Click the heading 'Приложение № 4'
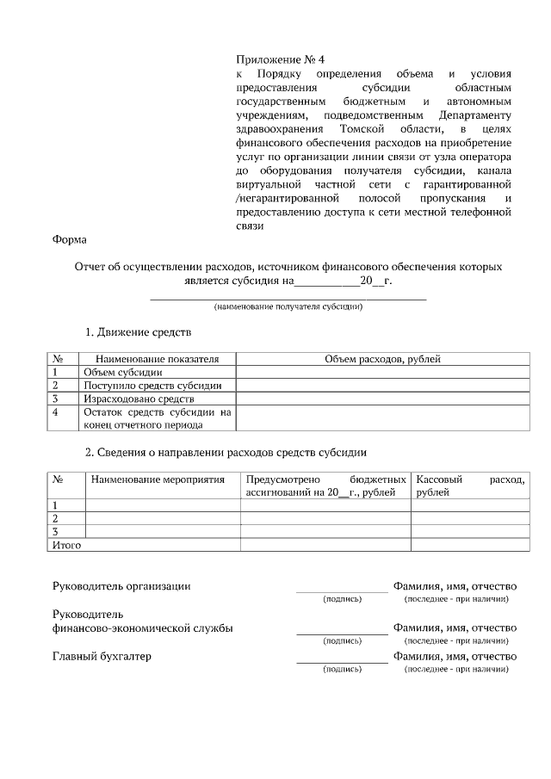pyautogui.click(x=281, y=59)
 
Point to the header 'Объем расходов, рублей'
pyautogui.click(x=382, y=359)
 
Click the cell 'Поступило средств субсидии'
pyautogui.click(x=152, y=386)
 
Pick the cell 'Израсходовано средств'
pyautogui.click(x=139, y=399)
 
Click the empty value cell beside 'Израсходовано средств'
pyautogui.click(x=382, y=399)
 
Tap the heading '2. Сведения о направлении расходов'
pyautogui.click(x=226, y=452)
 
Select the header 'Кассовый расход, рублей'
pyautogui.click(x=470, y=485)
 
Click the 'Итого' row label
pyautogui.click(x=67, y=545)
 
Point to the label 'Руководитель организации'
pyautogui.click(x=121, y=586)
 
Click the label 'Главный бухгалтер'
pyautogui.click(x=102, y=657)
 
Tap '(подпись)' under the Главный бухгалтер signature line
pyautogui.click(x=342, y=669)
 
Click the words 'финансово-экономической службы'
pyautogui.click(x=143, y=628)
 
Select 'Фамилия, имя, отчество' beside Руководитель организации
pyautogui.click(x=455, y=586)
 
